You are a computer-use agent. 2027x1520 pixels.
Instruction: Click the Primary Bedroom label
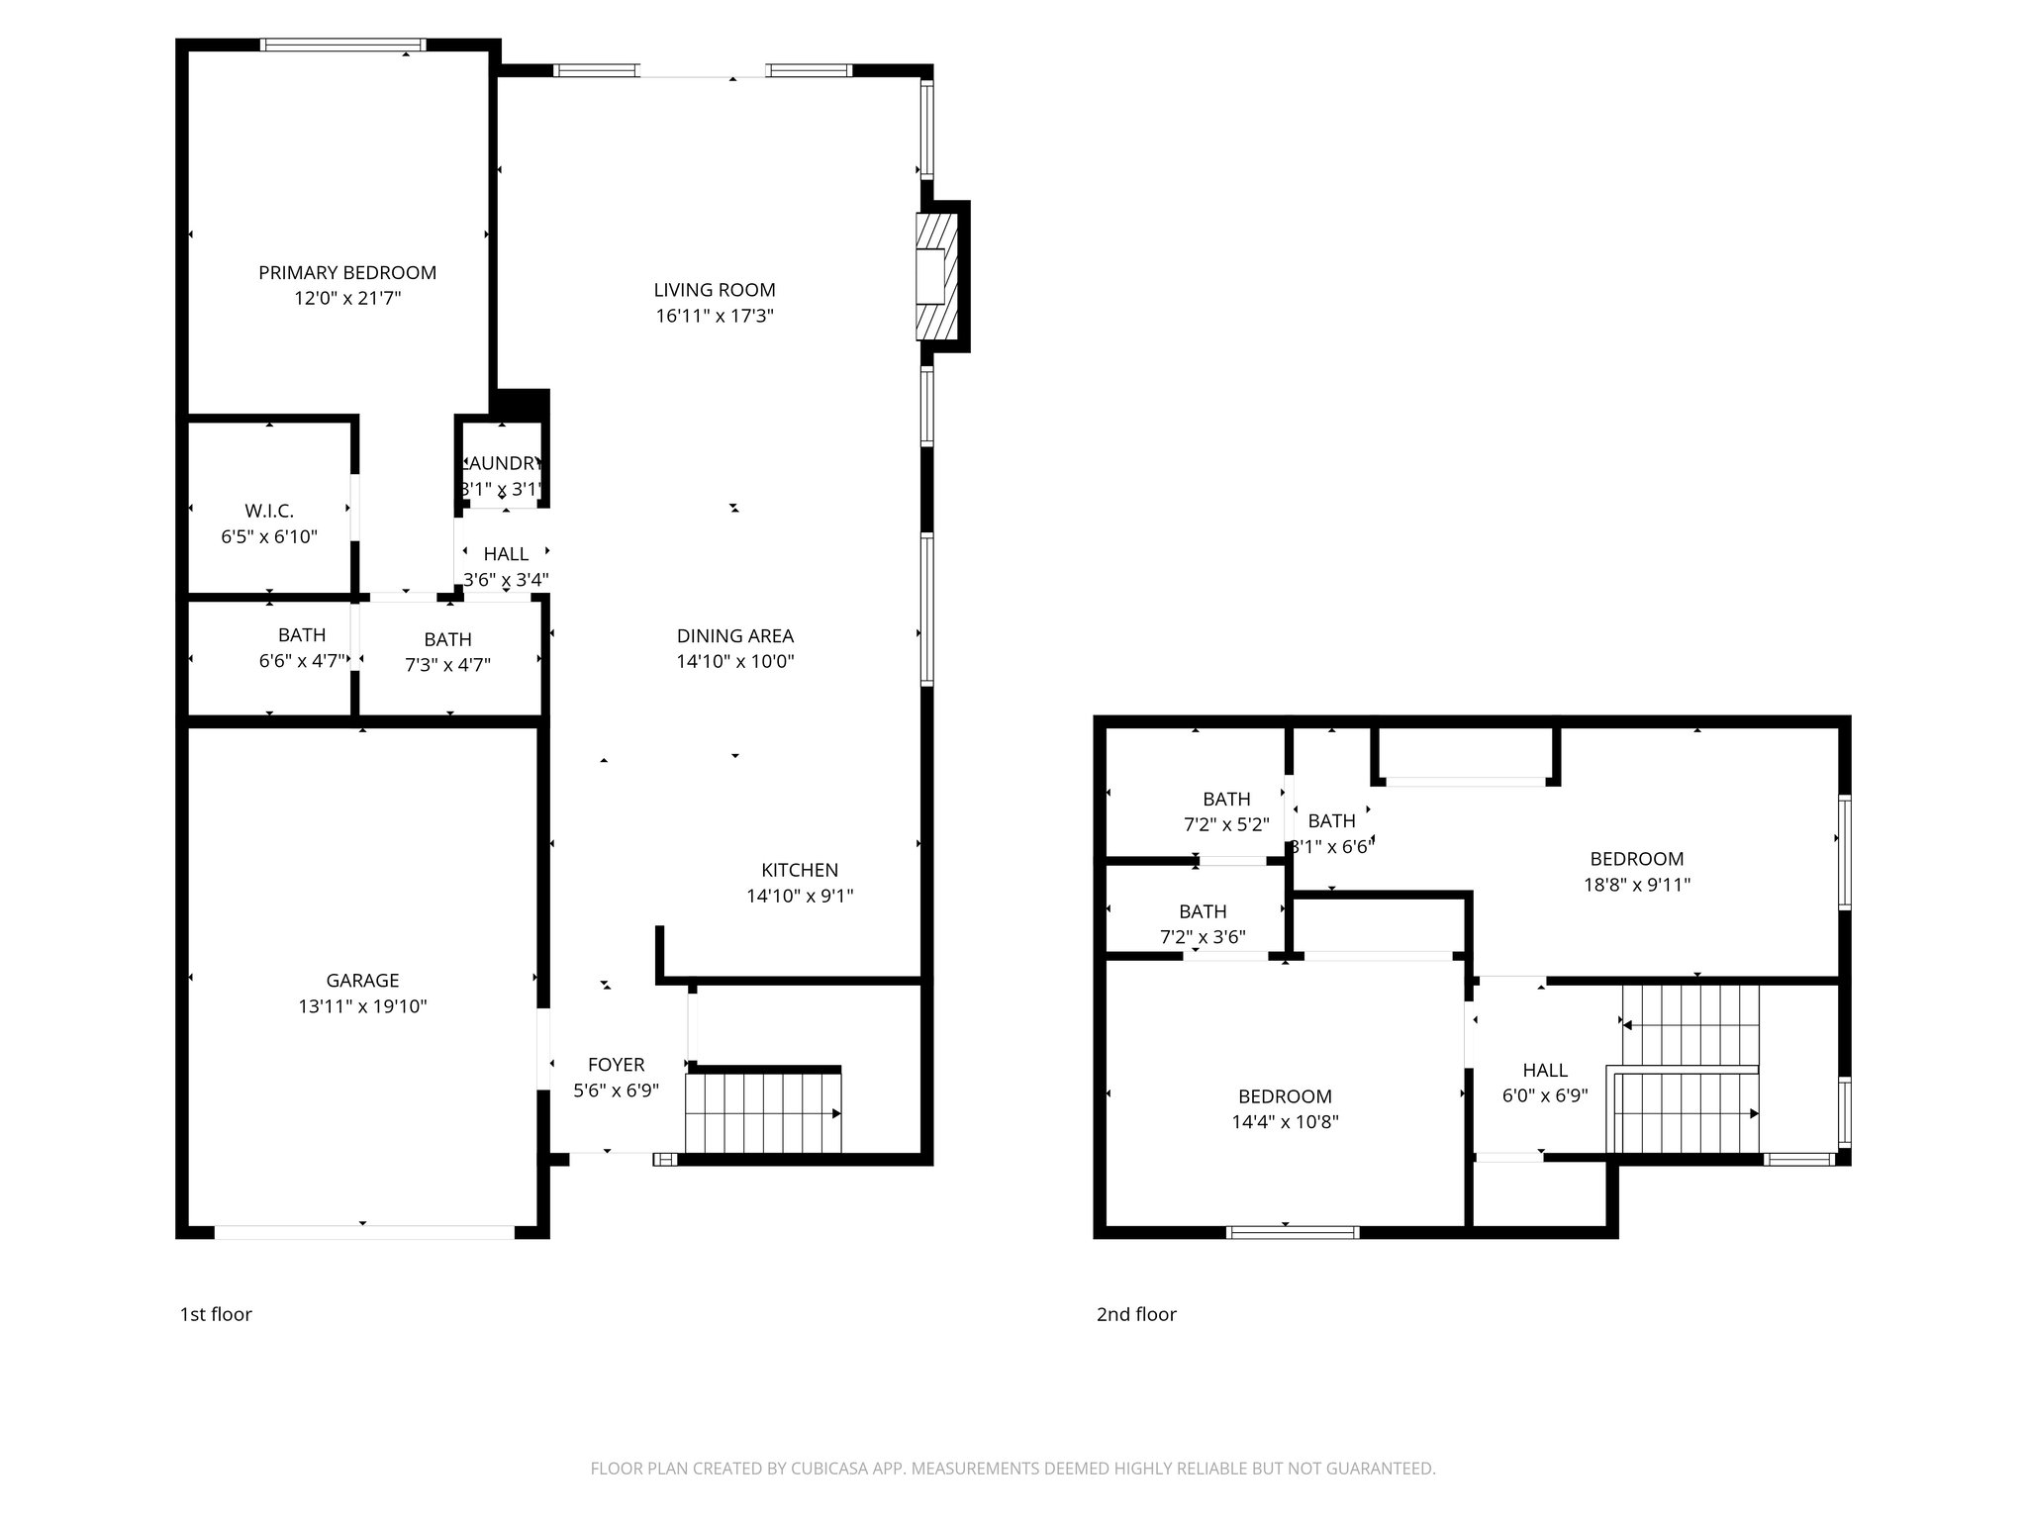pyautogui.click(x=347, y=272)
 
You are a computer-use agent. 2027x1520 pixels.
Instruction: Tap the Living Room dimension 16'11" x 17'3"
pyautogui.click(x=714, y=316)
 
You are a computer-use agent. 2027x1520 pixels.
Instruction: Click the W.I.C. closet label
pyautogui.click(x=269, y=511)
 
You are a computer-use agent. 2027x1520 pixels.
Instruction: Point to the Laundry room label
pyautogui.click(x=503, y=463)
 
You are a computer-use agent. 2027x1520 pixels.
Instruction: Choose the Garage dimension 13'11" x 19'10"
pyautogui.click(x=362, y=1006)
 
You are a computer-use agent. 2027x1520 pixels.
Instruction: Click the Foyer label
pyautogui.click(x=616, y=1064)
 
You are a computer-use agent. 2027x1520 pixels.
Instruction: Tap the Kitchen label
pyautogui.click(x=799, y=870)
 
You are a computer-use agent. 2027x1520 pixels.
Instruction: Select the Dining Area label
pyautogui.click(x=734, y=635)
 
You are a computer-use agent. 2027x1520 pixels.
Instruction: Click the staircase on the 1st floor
pyautogui.click(x=762, y=1113)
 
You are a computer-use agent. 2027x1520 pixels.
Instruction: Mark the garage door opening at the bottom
pyautogui.click(x=363, y=1232)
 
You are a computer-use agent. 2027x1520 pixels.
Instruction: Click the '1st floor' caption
pyautogui.click(x=216, y=1314)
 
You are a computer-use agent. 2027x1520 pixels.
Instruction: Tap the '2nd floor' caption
pyautogui.click(x=1136, y=1314)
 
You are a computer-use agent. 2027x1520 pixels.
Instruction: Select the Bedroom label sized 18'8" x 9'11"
pyautogui.click(x=1636, y=859)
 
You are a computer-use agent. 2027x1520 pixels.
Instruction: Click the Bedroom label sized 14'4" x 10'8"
pyautogui.click(x=1285, y=1096)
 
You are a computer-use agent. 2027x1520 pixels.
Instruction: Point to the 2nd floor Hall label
pyautogui.click(x=1544, y=1070)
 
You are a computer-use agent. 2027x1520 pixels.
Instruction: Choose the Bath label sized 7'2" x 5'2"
pyautogui.click(x=1226, y=799)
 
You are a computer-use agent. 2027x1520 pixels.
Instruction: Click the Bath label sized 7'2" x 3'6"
pyautogui.click(x=1203, y=911)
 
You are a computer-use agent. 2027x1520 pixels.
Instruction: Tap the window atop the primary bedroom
pyautogui.click(x=343, y=45)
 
